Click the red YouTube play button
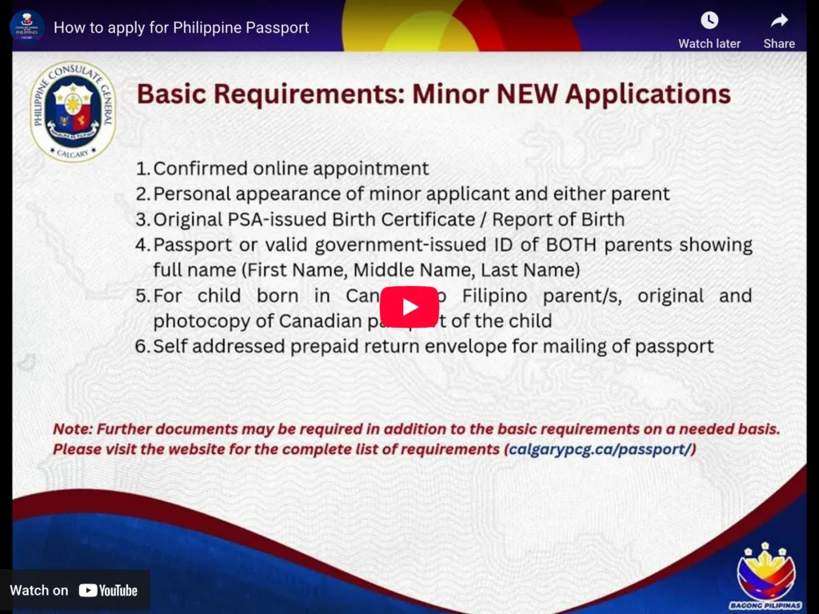[409, 307]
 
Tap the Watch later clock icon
[709, 21]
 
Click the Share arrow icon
[779, 21]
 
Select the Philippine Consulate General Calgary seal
[73, 110]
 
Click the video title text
[181, 27]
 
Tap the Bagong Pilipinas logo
[765, 575]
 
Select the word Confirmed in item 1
[200, 169]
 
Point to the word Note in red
[71, 429]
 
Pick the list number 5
[142, 296]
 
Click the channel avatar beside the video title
[27, 26]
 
